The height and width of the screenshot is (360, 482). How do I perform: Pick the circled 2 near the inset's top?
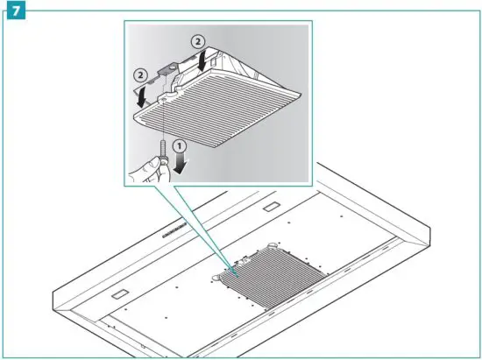[x=200, y=40]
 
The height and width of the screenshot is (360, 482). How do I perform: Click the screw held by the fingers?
[x=162, y=162]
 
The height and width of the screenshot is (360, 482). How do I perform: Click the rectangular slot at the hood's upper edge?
[x=268, y=209]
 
